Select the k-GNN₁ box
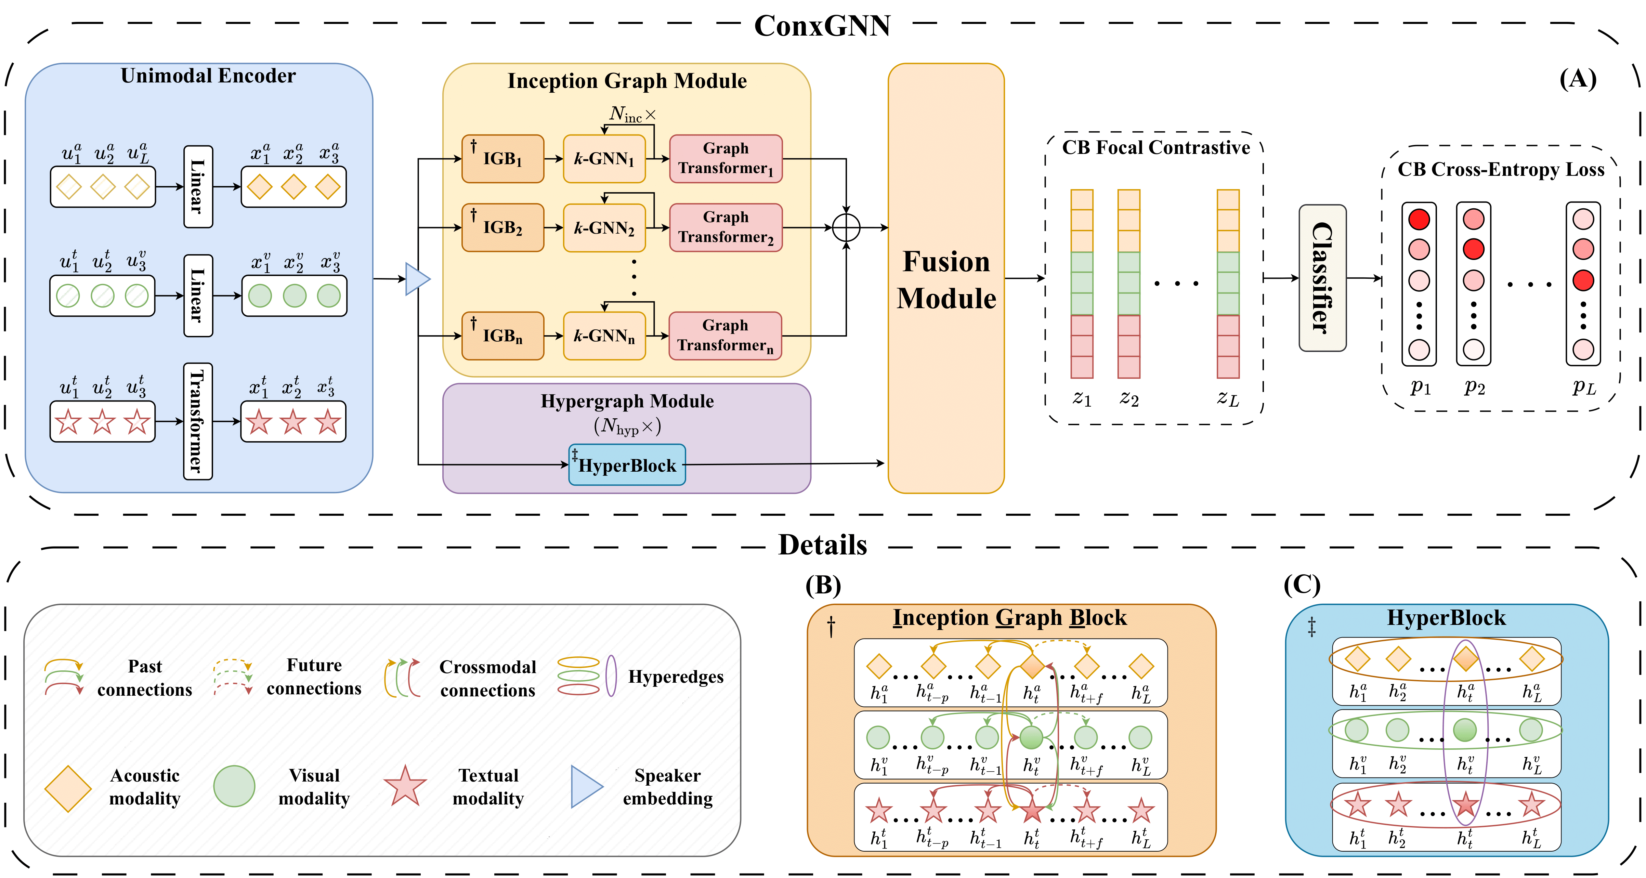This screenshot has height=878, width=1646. (x=604, y=158)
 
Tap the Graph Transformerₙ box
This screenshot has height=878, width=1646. (x=725, y=336)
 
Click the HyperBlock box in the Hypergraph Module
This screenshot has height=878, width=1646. (x=627, y=465)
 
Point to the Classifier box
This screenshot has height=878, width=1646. (x=1322, y=278)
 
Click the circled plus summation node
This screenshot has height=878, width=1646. (x=846, y=227)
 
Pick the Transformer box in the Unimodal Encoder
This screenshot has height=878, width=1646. (x=197, y=421)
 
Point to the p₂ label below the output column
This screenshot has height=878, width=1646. (x=1474, y=386)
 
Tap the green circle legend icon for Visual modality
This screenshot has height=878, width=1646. (x=234, y=786)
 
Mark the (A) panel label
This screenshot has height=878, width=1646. (x=1578, y=79)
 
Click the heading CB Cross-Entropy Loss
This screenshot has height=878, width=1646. (x=1500, y=169)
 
